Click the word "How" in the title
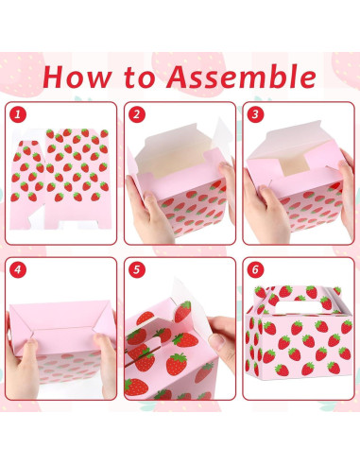pos(78,76)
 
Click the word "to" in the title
pos(147,76)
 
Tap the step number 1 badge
pos(17,114)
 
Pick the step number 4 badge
pos(17,270)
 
